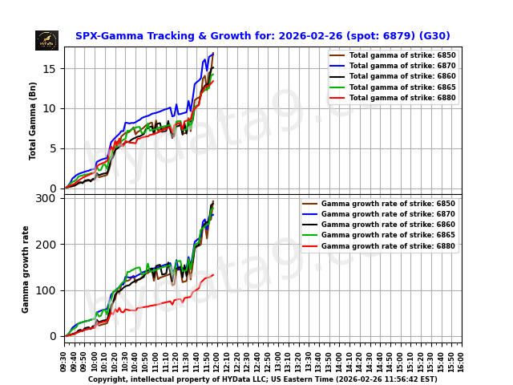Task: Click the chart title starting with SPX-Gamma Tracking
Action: coord(262,36)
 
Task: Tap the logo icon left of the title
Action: coord(46,40)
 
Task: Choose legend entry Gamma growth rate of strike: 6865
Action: coord(388,235)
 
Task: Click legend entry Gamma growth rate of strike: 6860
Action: coord(388,225)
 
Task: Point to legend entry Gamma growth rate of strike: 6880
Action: coord(388,246)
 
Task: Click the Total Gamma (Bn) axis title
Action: coord(33,120)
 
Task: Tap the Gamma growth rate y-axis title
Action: coord(26,269)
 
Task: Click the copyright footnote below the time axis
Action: coord(262,379)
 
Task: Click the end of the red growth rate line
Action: coord(213,275)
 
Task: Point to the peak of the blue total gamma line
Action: coord(213,53)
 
